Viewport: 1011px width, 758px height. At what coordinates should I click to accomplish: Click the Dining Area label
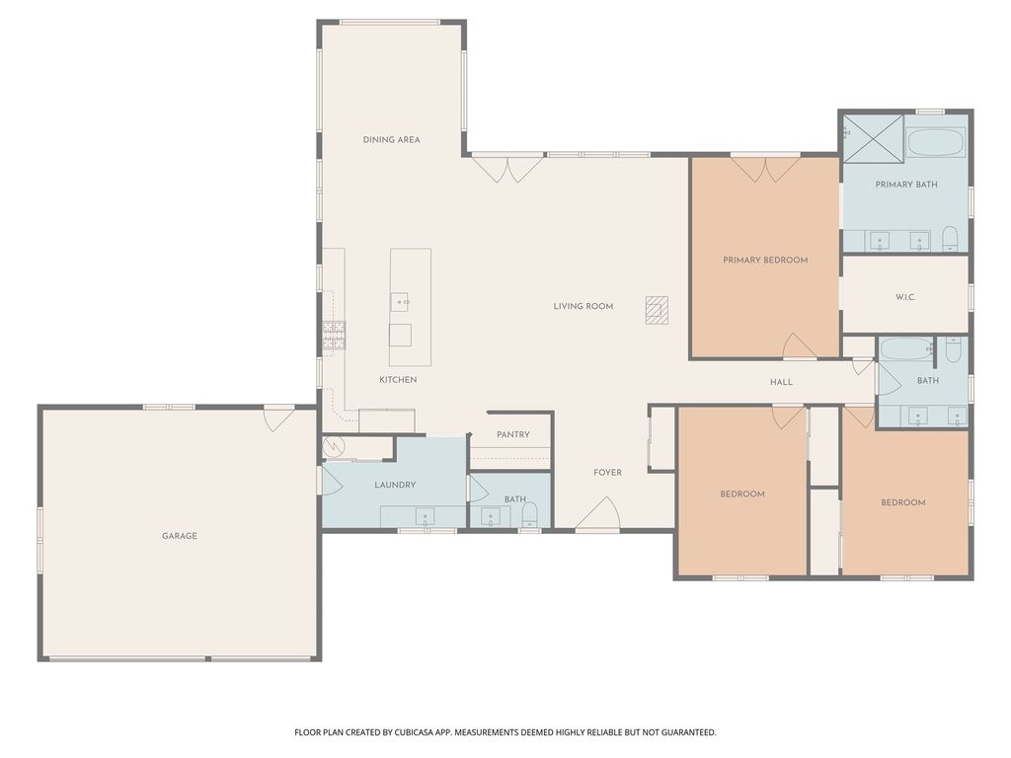point(391,140)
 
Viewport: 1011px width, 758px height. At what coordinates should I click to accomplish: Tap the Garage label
point(180,536)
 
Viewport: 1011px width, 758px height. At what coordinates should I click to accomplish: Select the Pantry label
point(513,434)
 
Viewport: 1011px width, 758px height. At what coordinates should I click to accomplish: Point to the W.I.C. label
point(905,297)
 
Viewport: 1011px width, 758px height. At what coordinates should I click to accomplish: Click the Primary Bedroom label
point(765,261)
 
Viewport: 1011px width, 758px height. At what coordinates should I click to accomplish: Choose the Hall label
point(781,382)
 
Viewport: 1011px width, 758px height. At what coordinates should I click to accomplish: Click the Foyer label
point(607,473)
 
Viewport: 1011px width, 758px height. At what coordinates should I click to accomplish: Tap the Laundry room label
point(395,485)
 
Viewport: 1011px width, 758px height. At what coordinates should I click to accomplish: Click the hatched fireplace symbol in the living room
point(657,310)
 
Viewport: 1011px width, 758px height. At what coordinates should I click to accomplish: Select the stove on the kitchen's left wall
point(333,336)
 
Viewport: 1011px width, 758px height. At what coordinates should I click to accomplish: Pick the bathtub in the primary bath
point(936,141)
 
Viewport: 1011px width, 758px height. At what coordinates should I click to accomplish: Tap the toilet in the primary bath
point(950,238)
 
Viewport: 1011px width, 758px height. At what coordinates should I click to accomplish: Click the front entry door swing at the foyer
point(599,514)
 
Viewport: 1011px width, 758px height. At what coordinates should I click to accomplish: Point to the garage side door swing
point(279,417)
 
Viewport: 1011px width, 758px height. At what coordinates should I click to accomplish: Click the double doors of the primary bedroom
point(765,168)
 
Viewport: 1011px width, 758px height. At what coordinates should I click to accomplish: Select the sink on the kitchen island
point(400,302)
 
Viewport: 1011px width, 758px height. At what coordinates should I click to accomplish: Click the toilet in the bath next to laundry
point(529,513)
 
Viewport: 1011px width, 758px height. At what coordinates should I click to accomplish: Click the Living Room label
point(583,307)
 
